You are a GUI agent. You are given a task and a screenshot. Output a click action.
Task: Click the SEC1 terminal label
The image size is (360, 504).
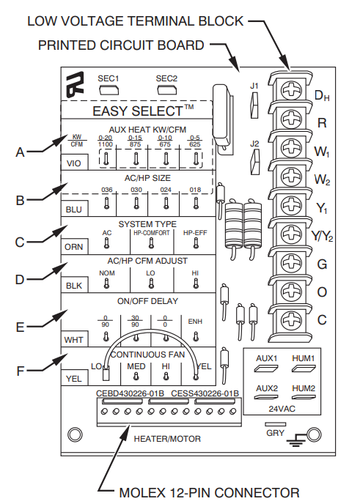(109, 77)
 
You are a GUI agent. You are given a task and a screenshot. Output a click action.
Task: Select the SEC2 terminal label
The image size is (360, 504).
(166, 77)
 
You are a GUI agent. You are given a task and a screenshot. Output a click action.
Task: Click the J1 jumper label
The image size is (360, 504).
(254, 86)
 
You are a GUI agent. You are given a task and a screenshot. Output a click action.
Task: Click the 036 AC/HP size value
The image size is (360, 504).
(106, 190)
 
